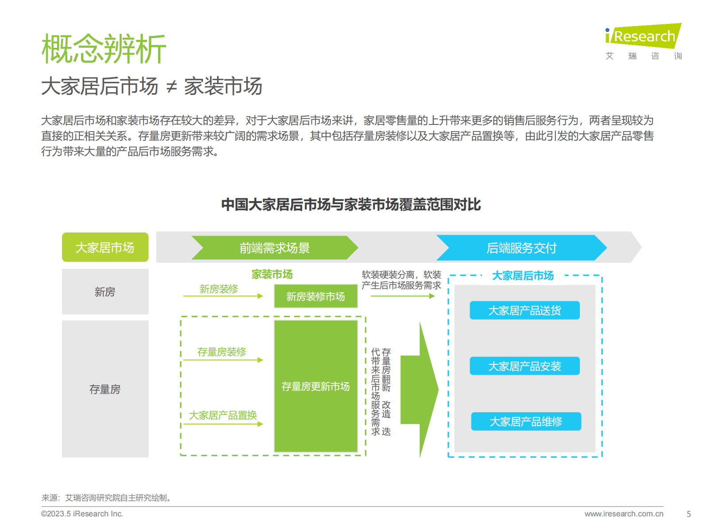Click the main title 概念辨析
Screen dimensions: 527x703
104,49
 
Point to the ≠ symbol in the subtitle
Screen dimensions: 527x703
171,87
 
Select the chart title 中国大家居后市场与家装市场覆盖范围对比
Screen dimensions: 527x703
351,205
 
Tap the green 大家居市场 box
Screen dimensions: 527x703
105,247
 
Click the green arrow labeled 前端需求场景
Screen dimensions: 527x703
274,248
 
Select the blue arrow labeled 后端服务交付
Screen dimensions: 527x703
521,248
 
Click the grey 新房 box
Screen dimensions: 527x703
105,292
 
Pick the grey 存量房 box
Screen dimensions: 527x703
105,389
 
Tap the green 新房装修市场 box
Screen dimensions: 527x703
315,296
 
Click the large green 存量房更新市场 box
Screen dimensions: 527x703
315,386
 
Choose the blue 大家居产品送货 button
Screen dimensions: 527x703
524,310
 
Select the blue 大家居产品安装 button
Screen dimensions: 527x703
524,366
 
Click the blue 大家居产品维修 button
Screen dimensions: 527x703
526,422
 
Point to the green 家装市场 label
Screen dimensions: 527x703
272,275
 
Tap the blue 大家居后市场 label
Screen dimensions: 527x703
523,275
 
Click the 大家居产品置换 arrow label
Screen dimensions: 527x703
223,415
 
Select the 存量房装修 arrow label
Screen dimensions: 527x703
221,352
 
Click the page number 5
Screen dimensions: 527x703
688,514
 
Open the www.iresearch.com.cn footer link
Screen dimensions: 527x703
624,514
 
